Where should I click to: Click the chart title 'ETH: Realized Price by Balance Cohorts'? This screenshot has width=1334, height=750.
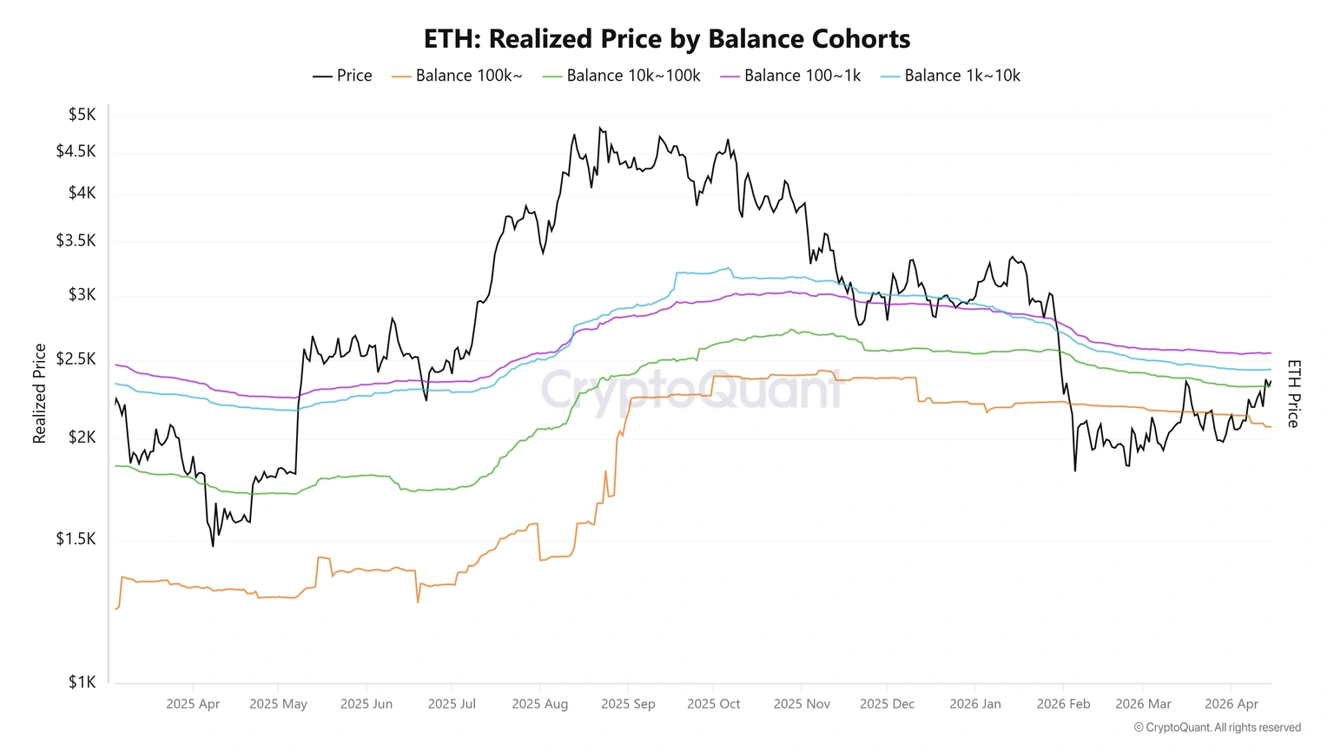coord(666,39)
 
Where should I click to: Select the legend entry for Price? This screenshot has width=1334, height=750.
coord(343,76)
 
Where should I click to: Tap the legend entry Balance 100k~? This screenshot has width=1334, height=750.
coord(458,76)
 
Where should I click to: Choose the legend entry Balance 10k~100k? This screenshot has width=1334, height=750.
coord(622,76)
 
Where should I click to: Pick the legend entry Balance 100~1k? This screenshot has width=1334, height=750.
coord(791,76)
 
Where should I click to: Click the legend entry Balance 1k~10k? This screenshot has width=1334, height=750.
coord(951,76)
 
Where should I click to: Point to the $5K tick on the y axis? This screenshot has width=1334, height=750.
coord(82,115)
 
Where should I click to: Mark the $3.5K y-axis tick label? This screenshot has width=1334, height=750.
coord(76,240)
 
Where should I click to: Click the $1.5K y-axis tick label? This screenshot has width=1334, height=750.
coord(76,539)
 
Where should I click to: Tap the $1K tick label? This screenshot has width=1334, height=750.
coord(82,682)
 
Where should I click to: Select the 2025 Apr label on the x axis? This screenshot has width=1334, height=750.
coord(193,704)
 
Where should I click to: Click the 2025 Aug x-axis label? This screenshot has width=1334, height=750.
coord(539,704)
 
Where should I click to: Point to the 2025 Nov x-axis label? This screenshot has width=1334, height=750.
coord(802,704)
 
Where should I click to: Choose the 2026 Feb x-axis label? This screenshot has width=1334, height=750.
coord(1063,704)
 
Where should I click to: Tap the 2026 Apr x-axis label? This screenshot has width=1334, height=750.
coord(1232,704)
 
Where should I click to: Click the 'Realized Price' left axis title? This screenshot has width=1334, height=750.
coord(39,393)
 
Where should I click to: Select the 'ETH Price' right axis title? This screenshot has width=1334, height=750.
coord(1293,393)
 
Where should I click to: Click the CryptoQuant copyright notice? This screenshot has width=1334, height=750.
coord(1217,727)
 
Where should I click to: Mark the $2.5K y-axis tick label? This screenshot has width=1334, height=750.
coord(76,359)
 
